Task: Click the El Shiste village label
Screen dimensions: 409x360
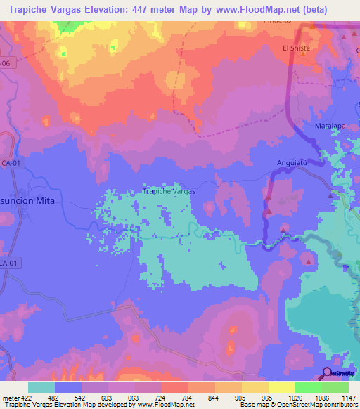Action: (x=296, y=48)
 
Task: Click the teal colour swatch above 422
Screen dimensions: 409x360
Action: (x=41, y=387)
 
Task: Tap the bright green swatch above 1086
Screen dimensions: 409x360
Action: (x=309, y=387)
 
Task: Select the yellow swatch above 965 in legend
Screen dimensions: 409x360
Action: (x=255, y=387)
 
